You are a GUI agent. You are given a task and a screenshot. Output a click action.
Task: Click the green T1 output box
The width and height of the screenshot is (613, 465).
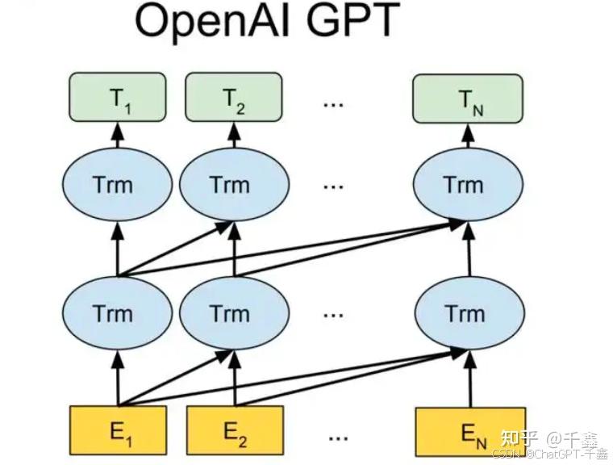119,97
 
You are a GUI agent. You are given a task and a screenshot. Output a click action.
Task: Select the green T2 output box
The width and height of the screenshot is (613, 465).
234,97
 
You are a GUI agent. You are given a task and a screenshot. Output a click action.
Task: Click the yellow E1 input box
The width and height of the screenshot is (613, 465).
119,431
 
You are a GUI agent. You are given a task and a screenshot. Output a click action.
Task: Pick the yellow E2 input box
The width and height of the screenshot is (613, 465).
235,431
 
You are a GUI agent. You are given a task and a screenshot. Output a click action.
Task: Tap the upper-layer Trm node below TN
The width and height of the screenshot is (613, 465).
463,184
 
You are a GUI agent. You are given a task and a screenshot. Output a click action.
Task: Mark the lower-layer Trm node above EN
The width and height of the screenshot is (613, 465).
463,313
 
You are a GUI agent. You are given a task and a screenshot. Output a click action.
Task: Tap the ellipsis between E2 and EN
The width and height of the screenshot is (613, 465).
338,438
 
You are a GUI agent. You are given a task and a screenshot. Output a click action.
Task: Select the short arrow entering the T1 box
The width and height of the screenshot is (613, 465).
119,132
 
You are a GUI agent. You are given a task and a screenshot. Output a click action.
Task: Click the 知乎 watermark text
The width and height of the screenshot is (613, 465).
519,438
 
